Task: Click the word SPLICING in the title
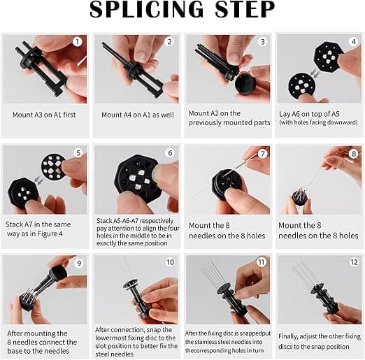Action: (x=147, y=9)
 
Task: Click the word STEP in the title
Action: (x=245, y=9)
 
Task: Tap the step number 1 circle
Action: (x=77, y=42)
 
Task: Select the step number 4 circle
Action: (x=353, y=42)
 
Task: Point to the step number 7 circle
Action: (x=262, y=154)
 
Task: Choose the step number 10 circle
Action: (x=170, y=262)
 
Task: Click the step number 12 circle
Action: (x=354, y=262)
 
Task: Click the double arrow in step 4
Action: (x=315, y=73)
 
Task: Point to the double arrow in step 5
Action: (x=38, y=180)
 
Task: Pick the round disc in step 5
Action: (x=54, y=166)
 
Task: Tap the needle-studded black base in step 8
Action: (x=300, y=196)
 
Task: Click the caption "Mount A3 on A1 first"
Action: (x=44, y=115)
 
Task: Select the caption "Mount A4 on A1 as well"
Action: (x=138, y=115)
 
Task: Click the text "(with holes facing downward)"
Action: (x=318, y=122)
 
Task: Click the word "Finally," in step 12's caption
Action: (x=288, y=337)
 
